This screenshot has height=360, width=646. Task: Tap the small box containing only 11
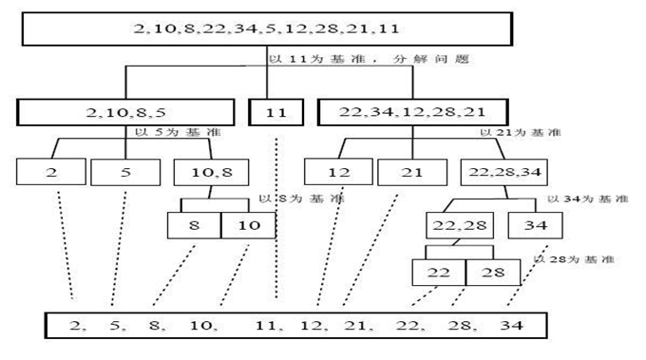(x=276, y=113)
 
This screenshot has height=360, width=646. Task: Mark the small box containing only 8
(x=194, y=225)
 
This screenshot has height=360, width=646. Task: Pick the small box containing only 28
(x=492, y=273)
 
